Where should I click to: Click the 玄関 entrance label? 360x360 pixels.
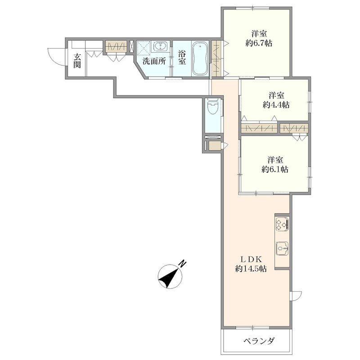pos(77,61)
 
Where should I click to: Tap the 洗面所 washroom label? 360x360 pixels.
pos(154,61)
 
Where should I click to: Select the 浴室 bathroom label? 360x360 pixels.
pos(182,58)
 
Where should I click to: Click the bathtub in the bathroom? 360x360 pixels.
pos(200,58)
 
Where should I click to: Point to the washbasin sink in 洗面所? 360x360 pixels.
pos(160,47)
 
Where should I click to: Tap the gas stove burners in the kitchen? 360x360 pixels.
pos(282,224)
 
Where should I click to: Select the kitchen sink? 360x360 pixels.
pos(282,248)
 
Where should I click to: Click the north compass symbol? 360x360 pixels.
pos(170,276)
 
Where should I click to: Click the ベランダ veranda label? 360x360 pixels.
pos(259,341)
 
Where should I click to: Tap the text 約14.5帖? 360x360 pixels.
pos(251,269)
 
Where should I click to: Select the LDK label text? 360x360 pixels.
pos(251,259)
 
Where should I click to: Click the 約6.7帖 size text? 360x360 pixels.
pos(259,43)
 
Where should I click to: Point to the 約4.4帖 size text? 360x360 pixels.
pos(276,105)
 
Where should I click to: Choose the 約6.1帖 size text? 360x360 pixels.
pos(275,170)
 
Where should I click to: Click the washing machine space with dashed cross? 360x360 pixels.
pos(143,48)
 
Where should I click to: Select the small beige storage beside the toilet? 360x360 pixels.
pos(215,146)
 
